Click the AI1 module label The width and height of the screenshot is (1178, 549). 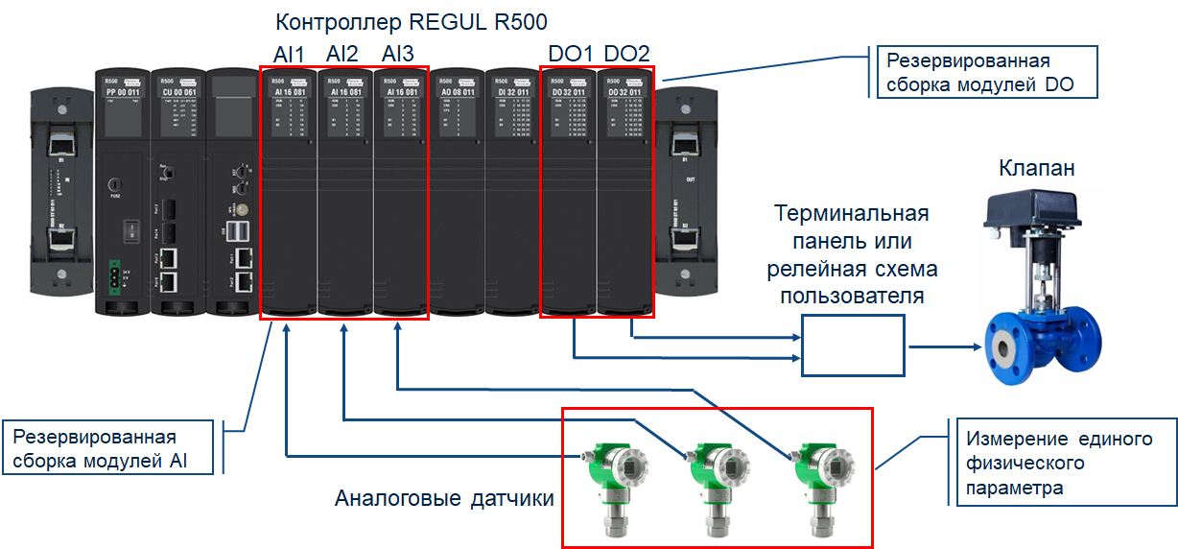click(288, 53)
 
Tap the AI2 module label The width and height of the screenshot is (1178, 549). click(342, 53)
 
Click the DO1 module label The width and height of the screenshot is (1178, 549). click(570, 53)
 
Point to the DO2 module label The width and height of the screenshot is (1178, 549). click(626, 53)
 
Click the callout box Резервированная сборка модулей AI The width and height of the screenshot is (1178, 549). click(111, 446)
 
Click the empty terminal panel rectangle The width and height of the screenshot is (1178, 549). click(853, 346)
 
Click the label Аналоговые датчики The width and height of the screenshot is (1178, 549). click(444, 499)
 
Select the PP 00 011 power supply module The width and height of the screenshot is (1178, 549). click(122, 192)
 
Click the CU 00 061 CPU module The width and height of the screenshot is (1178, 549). click(177, 192)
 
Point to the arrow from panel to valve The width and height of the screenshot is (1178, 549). click(945, 346)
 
